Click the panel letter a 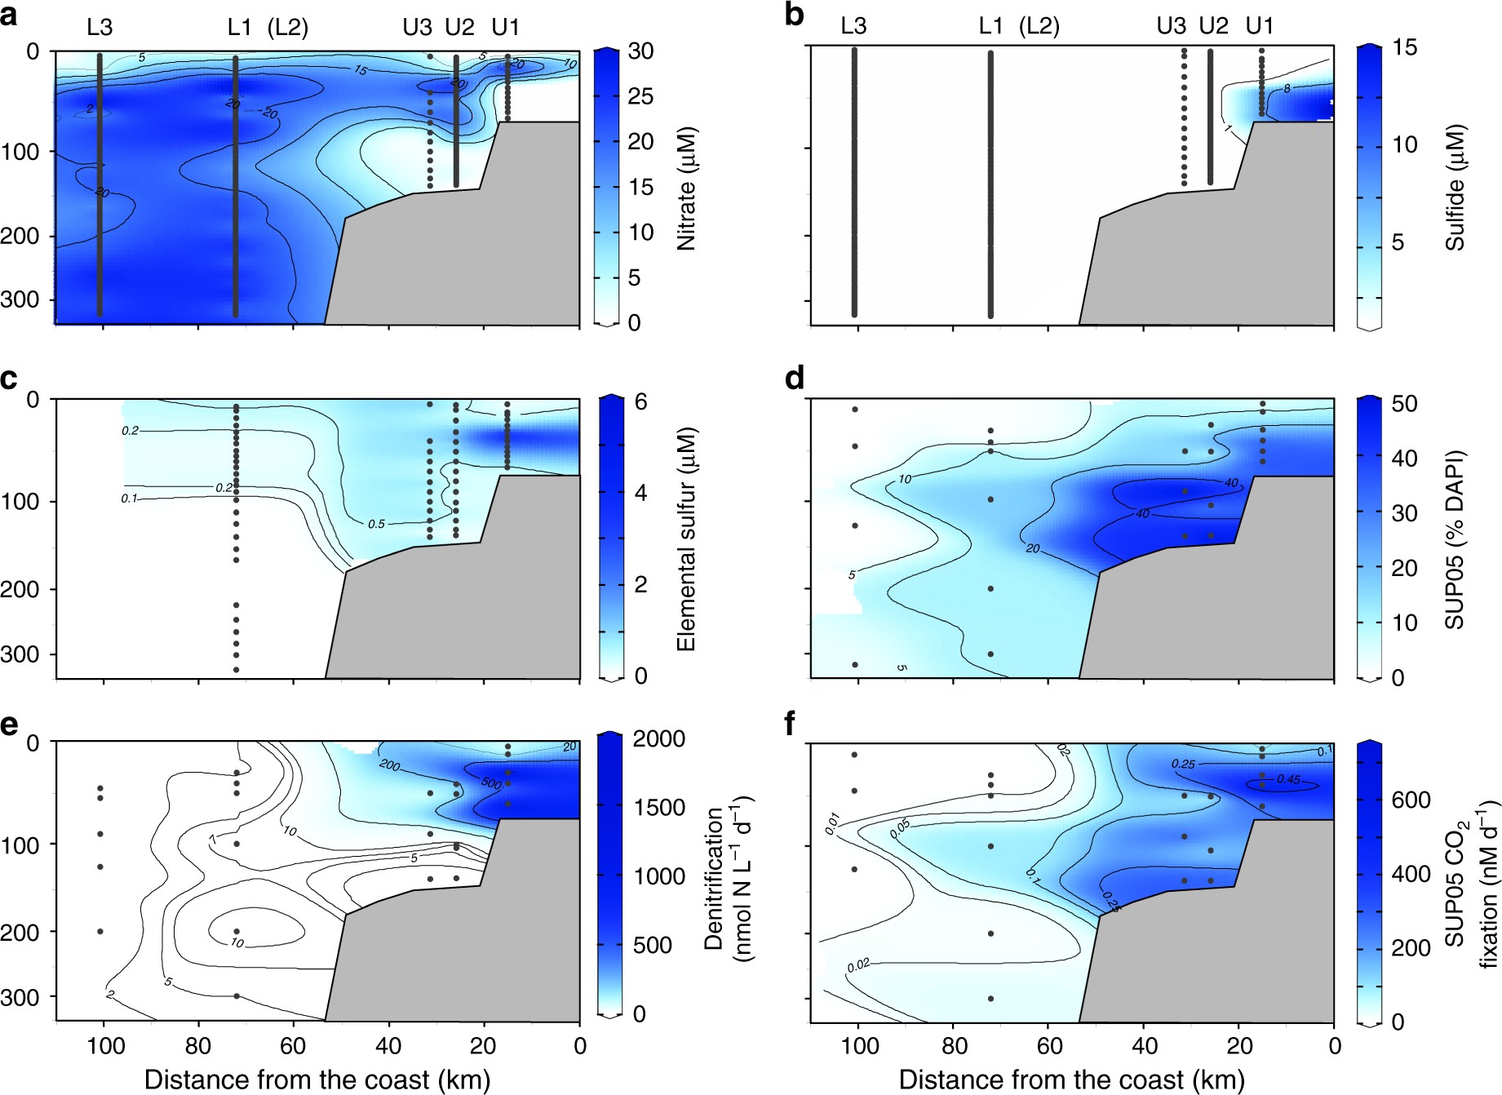coord(9,16)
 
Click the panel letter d coord(794,379)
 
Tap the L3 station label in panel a coord(100,28)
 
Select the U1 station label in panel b coord(1259,27)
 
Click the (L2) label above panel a coord(288,28)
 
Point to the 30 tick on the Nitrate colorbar coord(640,51)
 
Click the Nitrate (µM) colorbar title coord(686,188)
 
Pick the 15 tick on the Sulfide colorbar coord(1404,48)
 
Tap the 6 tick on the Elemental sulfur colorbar coord(640,401)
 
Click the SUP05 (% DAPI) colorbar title coord(1455,539)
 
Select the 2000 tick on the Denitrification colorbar coord(659,739)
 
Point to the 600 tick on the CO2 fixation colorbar coord(1411,800)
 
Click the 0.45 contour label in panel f coord(1288,780)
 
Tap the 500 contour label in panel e coord(491,784)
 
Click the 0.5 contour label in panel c coord(375,524)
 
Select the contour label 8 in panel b coord(1287,88)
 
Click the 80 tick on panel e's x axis coord(198,1046)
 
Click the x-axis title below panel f coord(1070,1079)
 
